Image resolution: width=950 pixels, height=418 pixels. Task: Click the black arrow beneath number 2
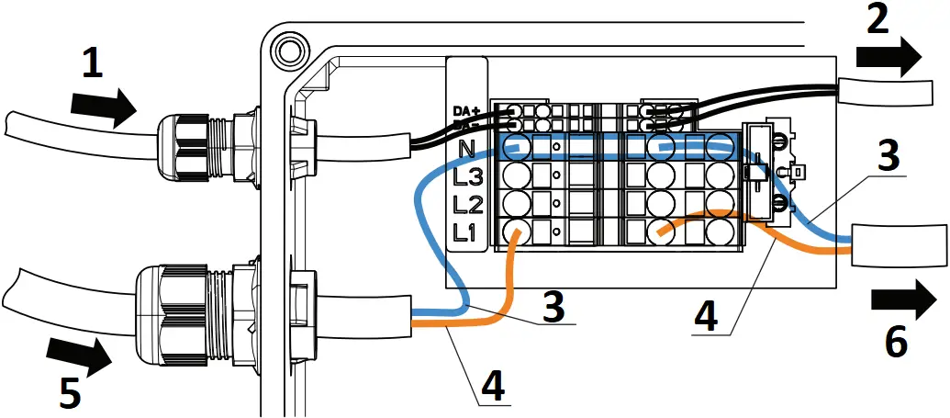(x=889, y=57)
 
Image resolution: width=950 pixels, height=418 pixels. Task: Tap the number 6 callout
(x=896, y=343)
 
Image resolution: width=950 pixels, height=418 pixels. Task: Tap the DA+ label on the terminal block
(x=466, y=111)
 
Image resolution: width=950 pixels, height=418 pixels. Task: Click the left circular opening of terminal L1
(x=517, y=232)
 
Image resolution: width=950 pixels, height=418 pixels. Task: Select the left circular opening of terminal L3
(x=517, y=175)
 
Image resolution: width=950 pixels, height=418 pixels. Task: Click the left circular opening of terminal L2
(x=517, y=203)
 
